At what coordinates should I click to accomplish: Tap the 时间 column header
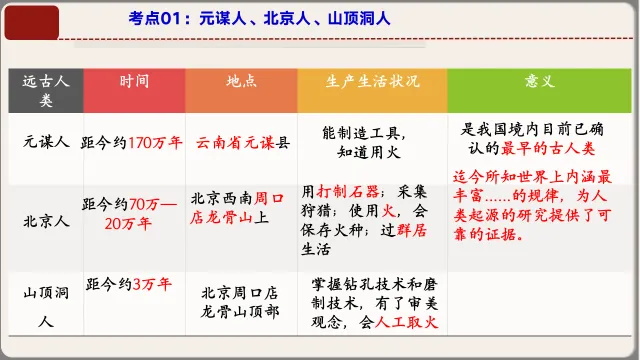click(x=134, y=81)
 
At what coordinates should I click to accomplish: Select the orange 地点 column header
click(x=240, y=81)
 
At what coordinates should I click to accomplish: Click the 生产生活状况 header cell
click(x=371, y=81)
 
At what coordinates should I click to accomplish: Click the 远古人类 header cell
click(x=45, y=91)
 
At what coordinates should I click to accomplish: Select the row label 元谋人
click(x=46, y=142)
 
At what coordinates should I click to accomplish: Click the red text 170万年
click(x=157, y=142)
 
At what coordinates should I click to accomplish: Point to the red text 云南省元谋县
click(x=242, y=143)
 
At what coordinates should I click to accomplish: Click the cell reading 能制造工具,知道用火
click(x=370, y=143)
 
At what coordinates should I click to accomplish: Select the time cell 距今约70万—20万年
click(x=134, y=212)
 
